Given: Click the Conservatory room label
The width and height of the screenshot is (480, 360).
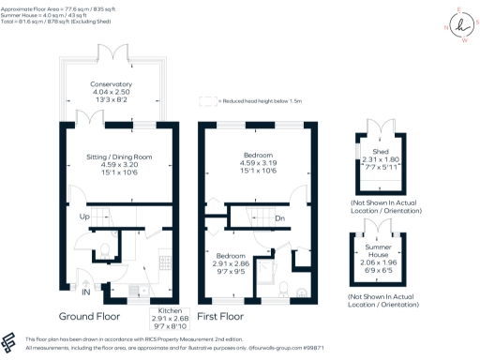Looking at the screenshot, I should tap(111, 85).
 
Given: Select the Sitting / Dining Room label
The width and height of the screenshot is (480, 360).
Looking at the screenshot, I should tap(111, 157).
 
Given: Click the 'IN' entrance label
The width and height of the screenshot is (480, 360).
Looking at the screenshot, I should tap(87, 293).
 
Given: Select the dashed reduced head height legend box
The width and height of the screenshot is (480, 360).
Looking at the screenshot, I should tap(206, 100).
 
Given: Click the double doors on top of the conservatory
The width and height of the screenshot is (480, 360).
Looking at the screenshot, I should tap(112, 49).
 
